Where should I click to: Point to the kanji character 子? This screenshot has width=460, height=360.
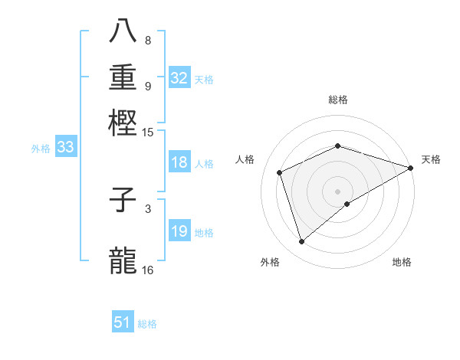pyautogui.click(x=123, y=200)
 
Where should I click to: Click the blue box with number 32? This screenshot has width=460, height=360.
pyautogui.click(x=179, y=78)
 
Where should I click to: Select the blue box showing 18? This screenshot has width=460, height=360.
pyautogui.click(x=179, y=162)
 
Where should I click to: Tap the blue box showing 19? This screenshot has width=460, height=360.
pyautogui.click(x=179, y=232)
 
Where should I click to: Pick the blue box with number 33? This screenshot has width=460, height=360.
pyautogui.click(x=65, y=148)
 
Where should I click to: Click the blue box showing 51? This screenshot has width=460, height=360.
pyautogui.click(x=123, y=322)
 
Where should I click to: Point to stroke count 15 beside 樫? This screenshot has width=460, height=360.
pyautogui.click(x=148, y=133)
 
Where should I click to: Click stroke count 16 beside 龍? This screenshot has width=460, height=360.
pyautogui.click(x=148, y=270)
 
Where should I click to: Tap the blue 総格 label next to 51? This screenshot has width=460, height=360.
pyautogui.click(x=147, y=324)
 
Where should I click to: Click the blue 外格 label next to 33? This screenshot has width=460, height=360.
pyautogui.click(x=40, y=149)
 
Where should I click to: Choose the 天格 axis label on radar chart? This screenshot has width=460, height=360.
pyautogui.click(x=431, y=159)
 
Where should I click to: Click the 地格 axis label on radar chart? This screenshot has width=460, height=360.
pyautogui.click(x=402, y=262)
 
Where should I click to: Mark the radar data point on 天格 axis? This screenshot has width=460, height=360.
pyautogui.click(x=411, y=168)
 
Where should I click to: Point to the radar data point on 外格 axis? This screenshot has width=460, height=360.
pyautogui.click(x=302, y=242)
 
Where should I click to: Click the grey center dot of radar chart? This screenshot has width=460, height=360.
pyautogui.click(x=337, y=191)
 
